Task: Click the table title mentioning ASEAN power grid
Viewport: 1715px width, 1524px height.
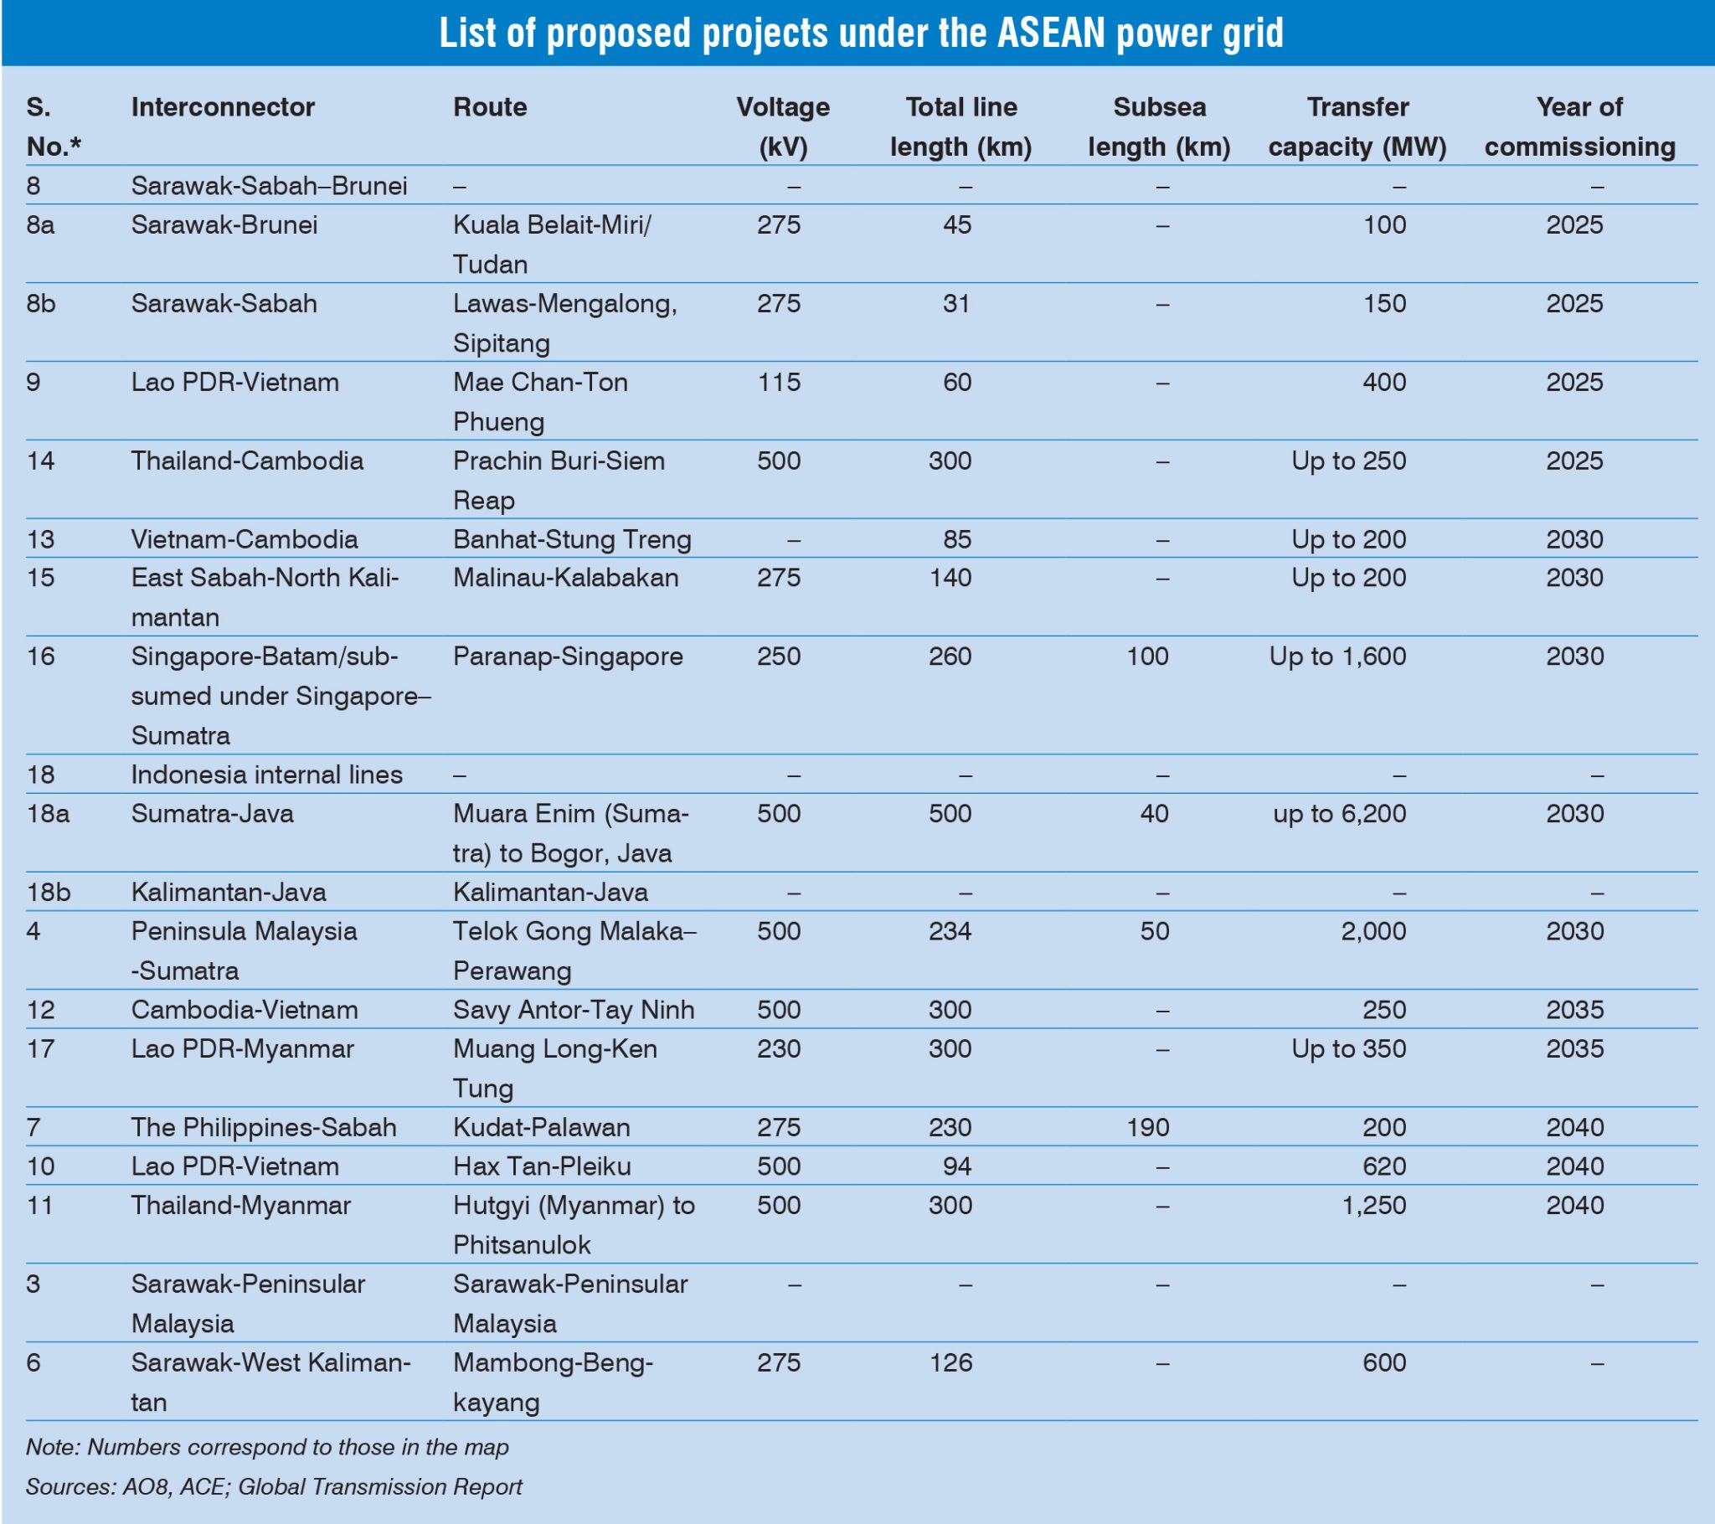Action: coord(861,33)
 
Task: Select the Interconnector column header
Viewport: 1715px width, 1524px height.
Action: coord(223,107)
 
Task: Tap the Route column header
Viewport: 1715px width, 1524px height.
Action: coord(490,107)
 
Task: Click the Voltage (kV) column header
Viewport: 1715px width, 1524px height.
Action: coord(782,126)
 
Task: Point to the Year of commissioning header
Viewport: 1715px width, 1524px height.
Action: coord(1579,126)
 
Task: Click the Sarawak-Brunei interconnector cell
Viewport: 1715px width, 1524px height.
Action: coord(224,225)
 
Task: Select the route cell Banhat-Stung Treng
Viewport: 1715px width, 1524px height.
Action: coord(571,538)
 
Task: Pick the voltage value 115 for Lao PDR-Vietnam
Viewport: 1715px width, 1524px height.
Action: coord(779,383)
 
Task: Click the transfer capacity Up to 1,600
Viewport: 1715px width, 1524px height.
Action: coord(1337,656)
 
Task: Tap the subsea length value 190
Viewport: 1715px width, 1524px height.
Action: coord(1147,1127)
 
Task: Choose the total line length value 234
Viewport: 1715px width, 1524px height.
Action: coord(950,931)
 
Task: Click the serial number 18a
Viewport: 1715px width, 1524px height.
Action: coord(48,814)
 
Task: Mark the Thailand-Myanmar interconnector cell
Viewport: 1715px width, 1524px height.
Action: coord(241,1206)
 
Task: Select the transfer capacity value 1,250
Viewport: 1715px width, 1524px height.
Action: coord(1373,1206)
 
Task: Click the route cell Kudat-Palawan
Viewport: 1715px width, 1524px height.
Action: coord(541,1127)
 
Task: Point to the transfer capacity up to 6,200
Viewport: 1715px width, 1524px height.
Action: coord(1339,814)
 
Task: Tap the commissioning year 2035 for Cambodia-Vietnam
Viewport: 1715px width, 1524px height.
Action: coord(1575,1010)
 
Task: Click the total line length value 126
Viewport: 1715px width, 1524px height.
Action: coord(950,1363)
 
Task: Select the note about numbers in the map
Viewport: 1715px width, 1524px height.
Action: coord(267,1448)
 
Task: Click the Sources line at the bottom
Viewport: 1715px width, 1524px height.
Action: coord(274,1487)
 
